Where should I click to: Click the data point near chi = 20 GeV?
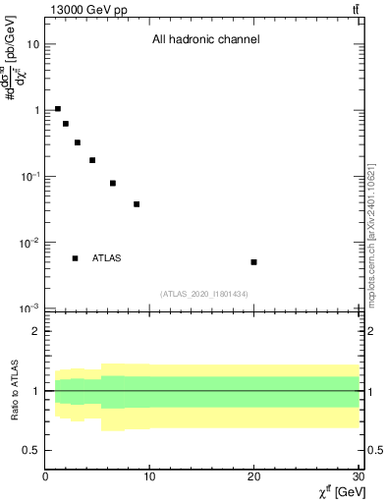(253, 262)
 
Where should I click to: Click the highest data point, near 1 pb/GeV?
(58, 109)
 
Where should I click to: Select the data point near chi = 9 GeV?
(137, 204)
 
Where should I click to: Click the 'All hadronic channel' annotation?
(205, 40)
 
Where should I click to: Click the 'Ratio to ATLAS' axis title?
(16, 390)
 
